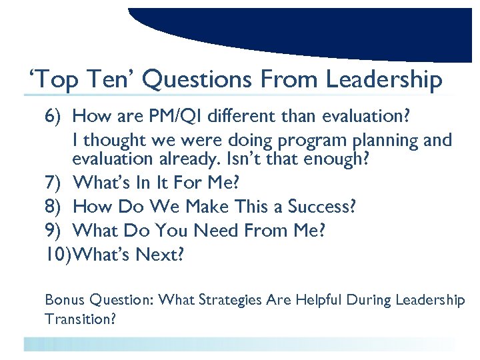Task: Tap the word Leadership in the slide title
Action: [383, 81]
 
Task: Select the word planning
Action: [372, 141]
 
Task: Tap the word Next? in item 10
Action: [160, 255]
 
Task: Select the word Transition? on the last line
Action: [81, 319]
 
